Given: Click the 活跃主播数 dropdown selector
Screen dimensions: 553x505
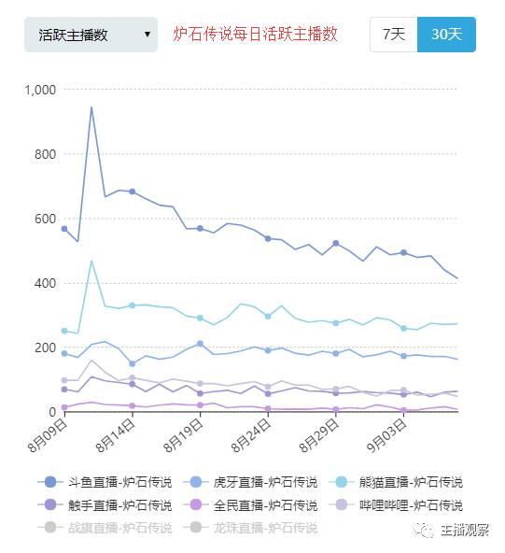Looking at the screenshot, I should click(x=91, y=35).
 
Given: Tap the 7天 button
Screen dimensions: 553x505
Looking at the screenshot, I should click(x=394, y=35).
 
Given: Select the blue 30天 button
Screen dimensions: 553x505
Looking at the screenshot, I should click(x=446, y=35).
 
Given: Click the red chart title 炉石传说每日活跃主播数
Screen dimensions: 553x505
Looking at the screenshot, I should click(x=255, y=35).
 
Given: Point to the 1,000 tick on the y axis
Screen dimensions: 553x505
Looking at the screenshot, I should click(x=41, y=90).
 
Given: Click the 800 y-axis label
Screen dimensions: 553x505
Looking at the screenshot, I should click(x=45, y=154).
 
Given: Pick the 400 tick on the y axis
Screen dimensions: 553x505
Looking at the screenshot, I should click(x=45, y=283).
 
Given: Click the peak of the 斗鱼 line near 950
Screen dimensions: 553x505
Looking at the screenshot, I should click(x=91, y=107).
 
